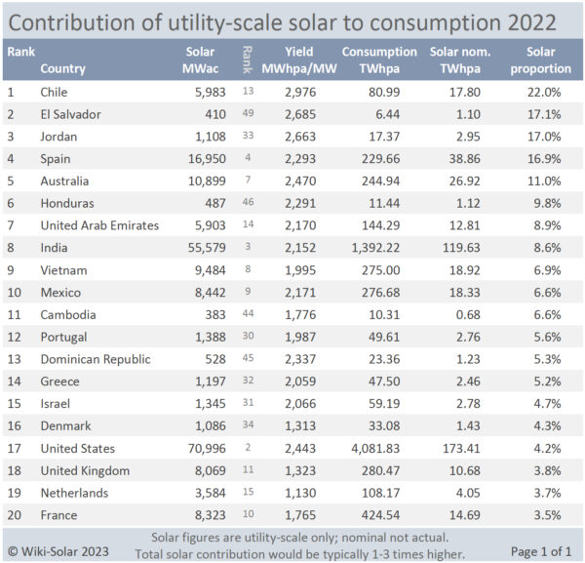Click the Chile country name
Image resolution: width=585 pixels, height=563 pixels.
coord(56,92)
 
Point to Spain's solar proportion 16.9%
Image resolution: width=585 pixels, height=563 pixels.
coord(550,159)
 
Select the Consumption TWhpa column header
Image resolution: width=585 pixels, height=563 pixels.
coord(379,60)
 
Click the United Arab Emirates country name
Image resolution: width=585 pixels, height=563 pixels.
coord(99,225)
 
